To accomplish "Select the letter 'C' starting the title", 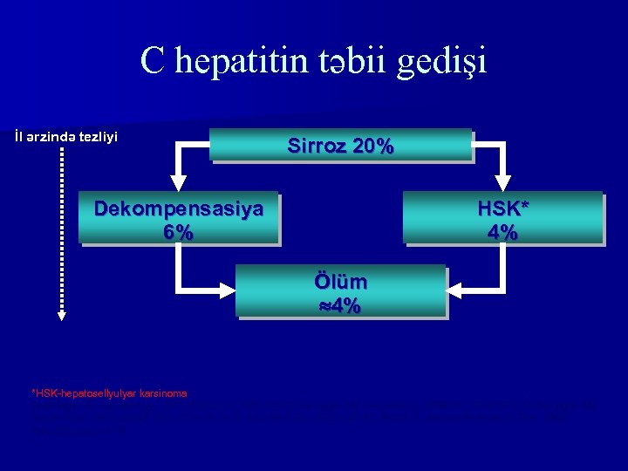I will click(154, 61).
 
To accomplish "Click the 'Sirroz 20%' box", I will click(340, 146).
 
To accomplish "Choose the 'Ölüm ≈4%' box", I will click(340, 291).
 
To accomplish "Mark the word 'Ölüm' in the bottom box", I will click(340, 282).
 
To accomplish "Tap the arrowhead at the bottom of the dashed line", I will click(61, 316).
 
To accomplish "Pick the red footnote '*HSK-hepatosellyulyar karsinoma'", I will click(109, 393).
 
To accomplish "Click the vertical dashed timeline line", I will click(61, 227).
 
